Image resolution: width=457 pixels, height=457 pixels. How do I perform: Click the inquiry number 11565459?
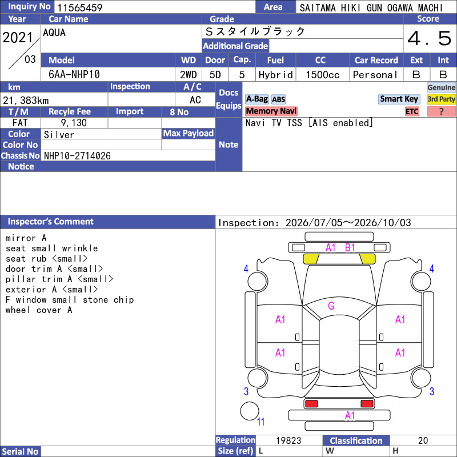(79, 7)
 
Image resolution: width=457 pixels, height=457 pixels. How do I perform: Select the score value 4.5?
(430, 38)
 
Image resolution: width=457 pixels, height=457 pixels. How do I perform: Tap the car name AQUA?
(54, 33)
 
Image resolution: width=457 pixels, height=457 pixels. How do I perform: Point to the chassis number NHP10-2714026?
(77, 156)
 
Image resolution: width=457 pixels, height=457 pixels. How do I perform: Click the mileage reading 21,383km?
(26, 101)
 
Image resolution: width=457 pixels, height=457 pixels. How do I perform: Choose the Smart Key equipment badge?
(399, 99)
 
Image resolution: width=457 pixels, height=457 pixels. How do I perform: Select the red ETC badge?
(412, 111)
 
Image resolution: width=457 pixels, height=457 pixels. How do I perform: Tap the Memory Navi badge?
(271, 111)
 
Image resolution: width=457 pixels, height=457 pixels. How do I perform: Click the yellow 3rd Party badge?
(441, 99)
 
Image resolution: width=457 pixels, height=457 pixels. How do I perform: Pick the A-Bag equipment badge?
(256, 99)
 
